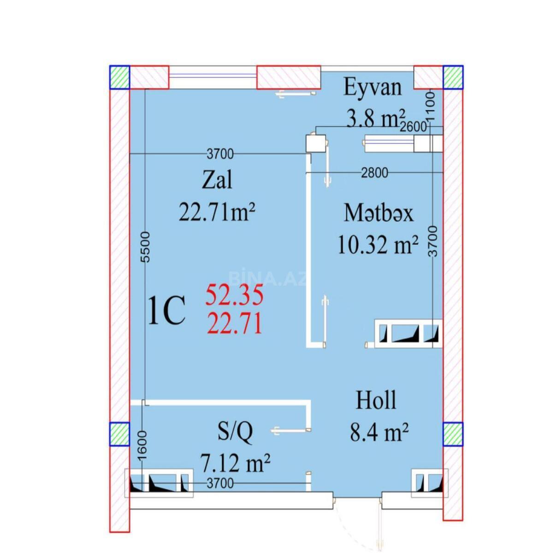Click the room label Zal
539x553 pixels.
pyautogui.click(x=217, y=180)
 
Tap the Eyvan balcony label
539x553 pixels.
pyautogui.click(x=373, y=87)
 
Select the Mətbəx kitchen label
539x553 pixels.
pyautogui.click(x=378, y=213)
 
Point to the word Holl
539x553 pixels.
pyautogui.click(x=376, y=400)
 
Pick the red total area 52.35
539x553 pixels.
pyautogui.click(x=235, y=295)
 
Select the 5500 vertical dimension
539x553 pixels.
pyautogui.click(x=146, y=247)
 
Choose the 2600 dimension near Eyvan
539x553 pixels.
pyautogui.click(x=414, y=126)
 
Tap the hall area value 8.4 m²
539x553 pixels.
pyautogui.click(x=379, y=432)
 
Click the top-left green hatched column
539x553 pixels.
pyautogui.click(x=120, y=77)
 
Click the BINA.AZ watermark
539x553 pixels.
pyautogui.click(x=268, y=278)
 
